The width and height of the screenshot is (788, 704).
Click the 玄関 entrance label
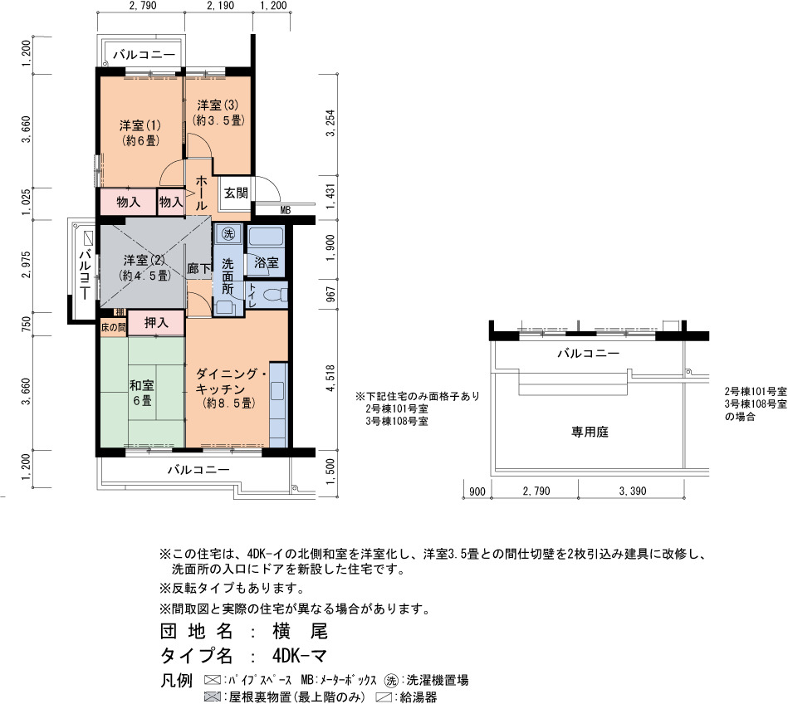point(236,193)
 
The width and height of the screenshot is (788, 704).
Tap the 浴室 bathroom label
point(267,262)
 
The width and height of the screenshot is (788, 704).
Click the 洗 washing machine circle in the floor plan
point(228,233)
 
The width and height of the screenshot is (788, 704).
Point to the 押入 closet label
point(156,323)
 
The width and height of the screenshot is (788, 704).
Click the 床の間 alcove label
point(113,328)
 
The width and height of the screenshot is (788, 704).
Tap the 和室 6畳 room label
point(142,393)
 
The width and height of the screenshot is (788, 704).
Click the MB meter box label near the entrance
point(285,211)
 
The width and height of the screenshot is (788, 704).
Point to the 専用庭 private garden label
point(590,432)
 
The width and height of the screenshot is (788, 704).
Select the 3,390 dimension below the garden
point(633,491)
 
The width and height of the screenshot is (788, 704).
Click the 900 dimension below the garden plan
point(477,491)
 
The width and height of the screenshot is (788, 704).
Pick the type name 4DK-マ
point(300,655)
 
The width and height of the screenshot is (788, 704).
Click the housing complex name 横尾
point(300,631)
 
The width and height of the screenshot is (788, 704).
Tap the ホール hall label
point(201,193)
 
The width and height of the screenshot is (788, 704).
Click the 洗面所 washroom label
point(228,276)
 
